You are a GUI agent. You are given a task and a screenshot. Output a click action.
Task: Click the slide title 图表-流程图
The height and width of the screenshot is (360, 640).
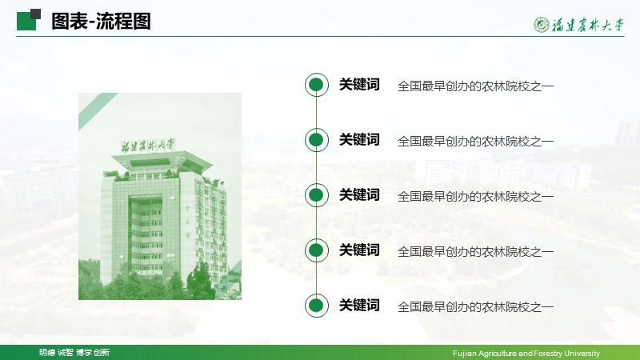102,22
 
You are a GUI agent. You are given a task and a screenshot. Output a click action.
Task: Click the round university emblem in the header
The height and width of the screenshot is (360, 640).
542,25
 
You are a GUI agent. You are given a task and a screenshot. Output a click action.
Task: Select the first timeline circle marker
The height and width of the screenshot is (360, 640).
316,85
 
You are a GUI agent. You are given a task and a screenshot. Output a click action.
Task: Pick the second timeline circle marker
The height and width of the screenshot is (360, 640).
316,140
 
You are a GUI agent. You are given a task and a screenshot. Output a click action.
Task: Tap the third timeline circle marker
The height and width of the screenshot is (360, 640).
316,195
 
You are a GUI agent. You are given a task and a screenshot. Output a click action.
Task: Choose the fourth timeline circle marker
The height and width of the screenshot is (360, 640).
316,250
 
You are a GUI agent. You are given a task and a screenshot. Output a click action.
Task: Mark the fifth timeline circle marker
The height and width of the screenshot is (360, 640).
316,306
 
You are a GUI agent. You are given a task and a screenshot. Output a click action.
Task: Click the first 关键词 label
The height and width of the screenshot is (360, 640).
359,85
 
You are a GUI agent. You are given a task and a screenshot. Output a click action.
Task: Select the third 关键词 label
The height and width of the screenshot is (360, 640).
359,194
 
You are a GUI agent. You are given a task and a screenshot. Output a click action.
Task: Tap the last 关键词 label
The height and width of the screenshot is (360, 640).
359,305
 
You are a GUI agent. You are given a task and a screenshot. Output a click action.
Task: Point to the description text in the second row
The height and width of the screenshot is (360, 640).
475,142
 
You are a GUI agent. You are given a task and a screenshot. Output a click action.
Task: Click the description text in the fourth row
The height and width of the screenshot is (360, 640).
475,251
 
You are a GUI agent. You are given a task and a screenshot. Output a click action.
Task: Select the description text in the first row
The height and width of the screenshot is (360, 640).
475,86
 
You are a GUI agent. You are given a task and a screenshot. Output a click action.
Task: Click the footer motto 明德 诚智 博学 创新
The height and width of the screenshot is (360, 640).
74,353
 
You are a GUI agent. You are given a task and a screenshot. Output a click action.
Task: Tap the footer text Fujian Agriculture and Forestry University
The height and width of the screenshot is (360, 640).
526,353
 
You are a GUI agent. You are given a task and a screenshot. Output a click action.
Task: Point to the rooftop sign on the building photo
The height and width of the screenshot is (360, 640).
148,146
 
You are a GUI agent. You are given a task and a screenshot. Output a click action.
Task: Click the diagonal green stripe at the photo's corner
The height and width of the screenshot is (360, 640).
98,111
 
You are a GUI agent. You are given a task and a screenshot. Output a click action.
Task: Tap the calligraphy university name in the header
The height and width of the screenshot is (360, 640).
588,26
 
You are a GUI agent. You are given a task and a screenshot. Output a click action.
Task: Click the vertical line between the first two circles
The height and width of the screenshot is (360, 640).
316,112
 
